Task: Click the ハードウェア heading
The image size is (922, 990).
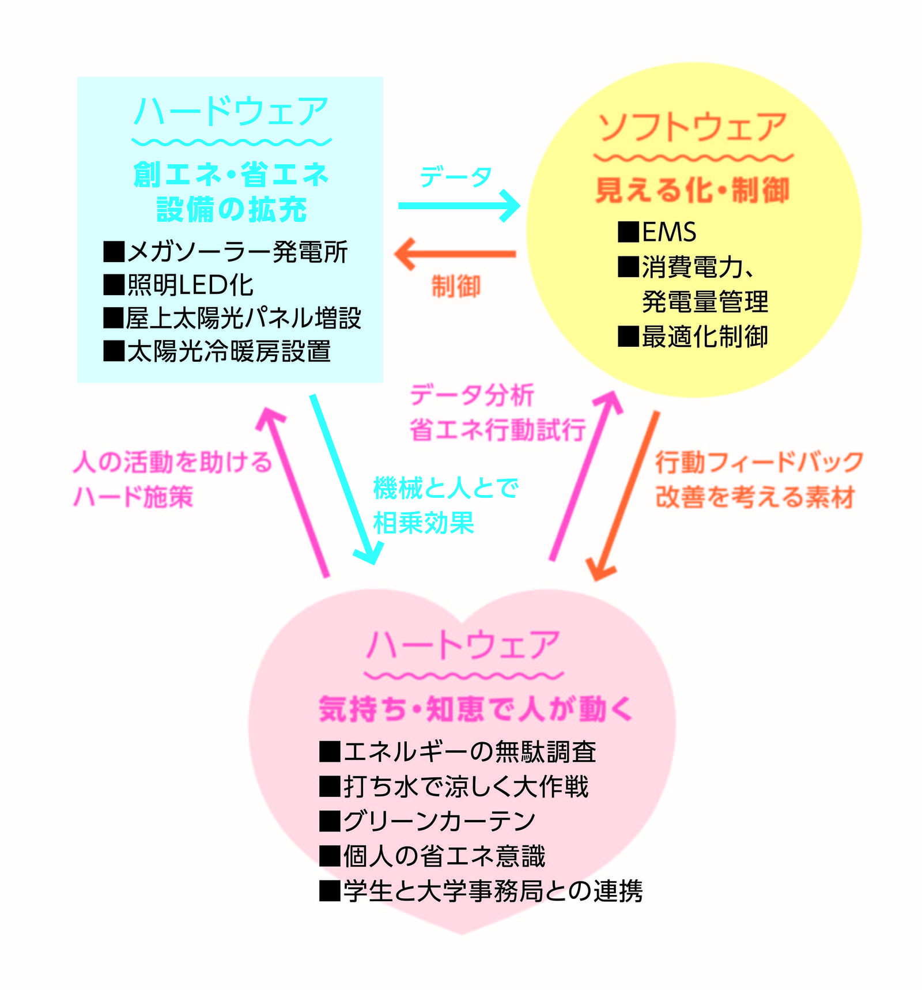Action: pos(231,111)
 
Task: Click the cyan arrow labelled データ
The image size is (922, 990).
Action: pos(459,206)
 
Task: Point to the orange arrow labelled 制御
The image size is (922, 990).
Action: pos(455,254)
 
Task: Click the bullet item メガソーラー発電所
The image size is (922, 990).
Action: pos(225,252)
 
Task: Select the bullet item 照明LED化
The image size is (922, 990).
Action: pos(178,285)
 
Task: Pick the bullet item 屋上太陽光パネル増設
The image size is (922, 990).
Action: pos(232,318)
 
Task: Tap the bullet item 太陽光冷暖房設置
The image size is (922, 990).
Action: pos(217,351)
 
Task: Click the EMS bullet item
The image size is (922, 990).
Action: pos(657,232)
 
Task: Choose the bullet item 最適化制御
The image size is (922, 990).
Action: pos(693,337)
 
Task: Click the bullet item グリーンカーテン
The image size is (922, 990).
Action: pos(428,821)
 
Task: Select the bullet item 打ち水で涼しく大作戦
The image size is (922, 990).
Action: pos(454,787)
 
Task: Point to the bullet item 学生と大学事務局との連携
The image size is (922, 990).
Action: pos(481,890)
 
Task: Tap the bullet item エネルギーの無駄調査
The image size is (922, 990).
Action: pos(458,752)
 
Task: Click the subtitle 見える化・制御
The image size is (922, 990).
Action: pos(693,190)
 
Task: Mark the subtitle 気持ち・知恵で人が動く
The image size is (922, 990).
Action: pos(476,709)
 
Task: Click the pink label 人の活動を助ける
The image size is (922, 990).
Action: pos(173,462)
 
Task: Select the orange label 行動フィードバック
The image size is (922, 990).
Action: pos(759,463)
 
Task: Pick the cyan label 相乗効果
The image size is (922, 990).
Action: pos(424,523)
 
